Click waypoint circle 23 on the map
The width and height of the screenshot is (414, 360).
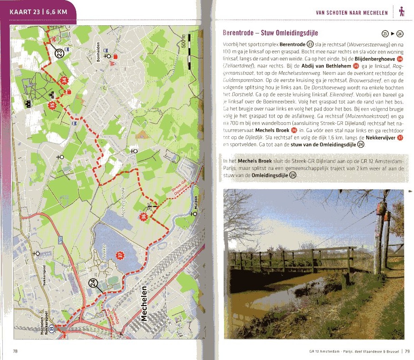click(x=60, y=54)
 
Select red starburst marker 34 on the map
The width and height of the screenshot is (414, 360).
click(x=65, y=81)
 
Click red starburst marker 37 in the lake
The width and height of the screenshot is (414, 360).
click(x=120, y=255)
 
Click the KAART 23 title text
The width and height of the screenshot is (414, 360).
click(x=38, y=12)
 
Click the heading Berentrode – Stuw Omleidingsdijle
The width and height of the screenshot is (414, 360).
click(x=271, y=33)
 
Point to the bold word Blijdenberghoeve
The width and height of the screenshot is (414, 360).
click(x=372, y=59)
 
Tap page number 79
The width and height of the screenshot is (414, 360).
click(x=407, y=351)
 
